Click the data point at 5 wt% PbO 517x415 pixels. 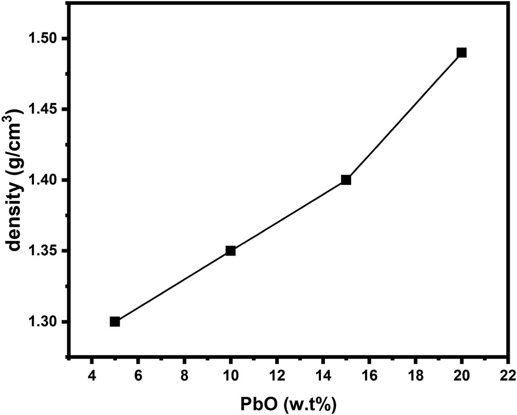coord(115,322)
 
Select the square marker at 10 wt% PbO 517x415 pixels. coord(231,251)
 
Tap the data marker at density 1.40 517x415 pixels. coord(346,180)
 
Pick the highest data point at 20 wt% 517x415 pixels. coord(461,52)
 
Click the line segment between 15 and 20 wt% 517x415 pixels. coord(404,116)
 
